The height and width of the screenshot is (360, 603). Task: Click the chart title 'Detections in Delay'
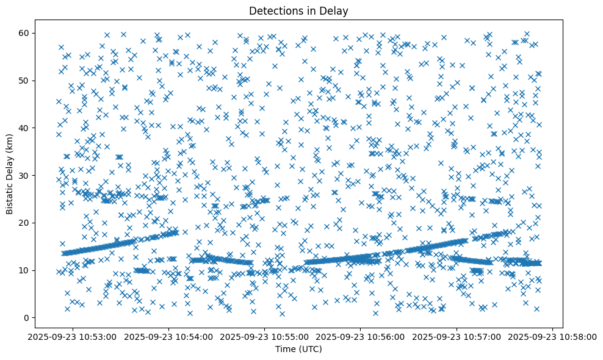point(298,10)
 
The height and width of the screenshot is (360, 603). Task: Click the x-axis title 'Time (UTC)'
point(298,349)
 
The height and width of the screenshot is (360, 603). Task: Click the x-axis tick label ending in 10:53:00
point(73,336)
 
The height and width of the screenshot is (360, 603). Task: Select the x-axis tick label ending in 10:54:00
point(169,336)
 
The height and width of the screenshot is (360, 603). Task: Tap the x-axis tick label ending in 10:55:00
point(265,336)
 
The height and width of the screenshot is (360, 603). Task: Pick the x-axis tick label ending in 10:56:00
point(361,336)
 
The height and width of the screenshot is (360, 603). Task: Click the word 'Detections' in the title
point(273,10)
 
